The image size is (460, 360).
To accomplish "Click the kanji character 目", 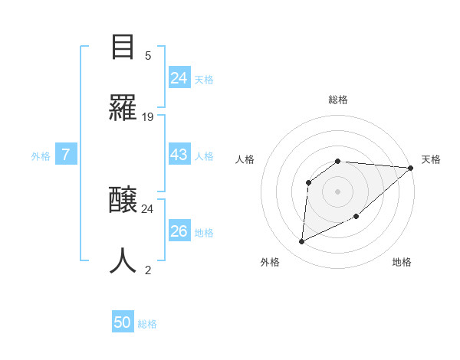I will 123,47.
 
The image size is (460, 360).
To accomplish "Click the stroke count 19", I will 148,117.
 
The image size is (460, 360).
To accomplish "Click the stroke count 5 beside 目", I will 148,55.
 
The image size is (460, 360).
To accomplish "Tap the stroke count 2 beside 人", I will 148,270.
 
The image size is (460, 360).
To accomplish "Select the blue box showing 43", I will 179,155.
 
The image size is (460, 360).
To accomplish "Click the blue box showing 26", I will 179,231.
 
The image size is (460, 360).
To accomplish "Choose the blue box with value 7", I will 66,155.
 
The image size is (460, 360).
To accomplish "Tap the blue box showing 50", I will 122,322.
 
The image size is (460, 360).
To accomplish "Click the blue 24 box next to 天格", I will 179,78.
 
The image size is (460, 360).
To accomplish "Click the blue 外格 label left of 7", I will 41,155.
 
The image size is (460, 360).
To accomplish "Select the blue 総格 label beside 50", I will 147,324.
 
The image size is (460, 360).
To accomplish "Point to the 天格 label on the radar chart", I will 431,159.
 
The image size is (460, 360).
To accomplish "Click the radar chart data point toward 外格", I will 301,242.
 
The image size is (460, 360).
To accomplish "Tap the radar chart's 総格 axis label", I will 338,100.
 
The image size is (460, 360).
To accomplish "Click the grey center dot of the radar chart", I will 338,191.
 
